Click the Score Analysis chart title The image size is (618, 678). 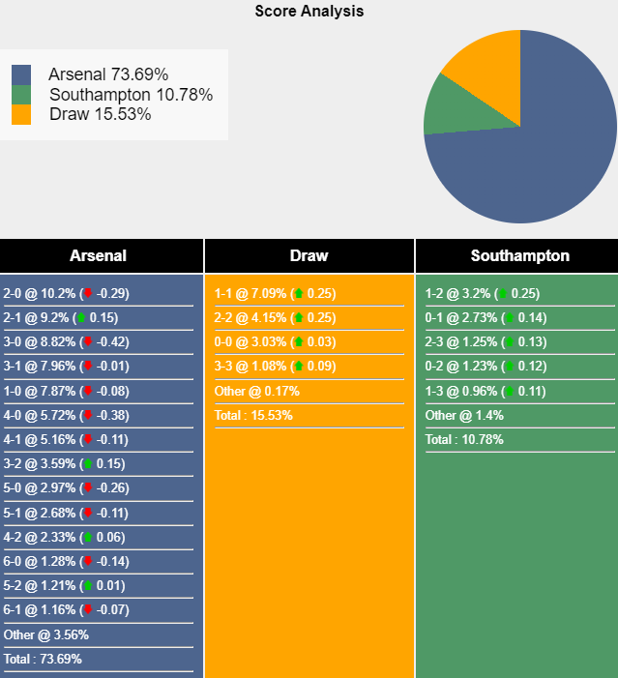[x=309, y=12]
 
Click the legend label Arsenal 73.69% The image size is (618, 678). [x=108, y=74]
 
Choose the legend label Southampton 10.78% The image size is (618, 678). [x=131, y=95]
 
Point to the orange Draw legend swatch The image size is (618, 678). [x=21, y=114]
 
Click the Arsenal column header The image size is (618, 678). [x=98, y=256]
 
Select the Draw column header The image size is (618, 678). [x=309, y=256]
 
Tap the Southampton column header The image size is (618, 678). [x=519, y=256]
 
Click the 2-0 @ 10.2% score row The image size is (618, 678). [x=66, y=293]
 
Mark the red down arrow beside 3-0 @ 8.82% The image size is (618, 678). [x=87, y=341]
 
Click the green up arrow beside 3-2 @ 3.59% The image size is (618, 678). [x=87, y=463]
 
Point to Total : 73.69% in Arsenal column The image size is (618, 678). [x=43, y=659]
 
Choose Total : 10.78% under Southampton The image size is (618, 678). [x=464, y=439]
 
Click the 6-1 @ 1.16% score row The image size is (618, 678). [x=66, y=610]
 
